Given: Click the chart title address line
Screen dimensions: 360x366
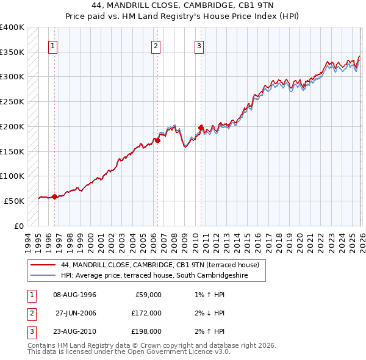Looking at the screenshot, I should (182, 5).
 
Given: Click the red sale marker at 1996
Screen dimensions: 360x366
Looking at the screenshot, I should (54, 196).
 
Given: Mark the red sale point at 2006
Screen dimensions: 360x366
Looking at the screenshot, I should (157, 140).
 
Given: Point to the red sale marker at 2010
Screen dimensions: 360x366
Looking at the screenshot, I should (200, 128).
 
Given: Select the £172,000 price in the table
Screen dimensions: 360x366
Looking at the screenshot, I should (146, 313).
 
